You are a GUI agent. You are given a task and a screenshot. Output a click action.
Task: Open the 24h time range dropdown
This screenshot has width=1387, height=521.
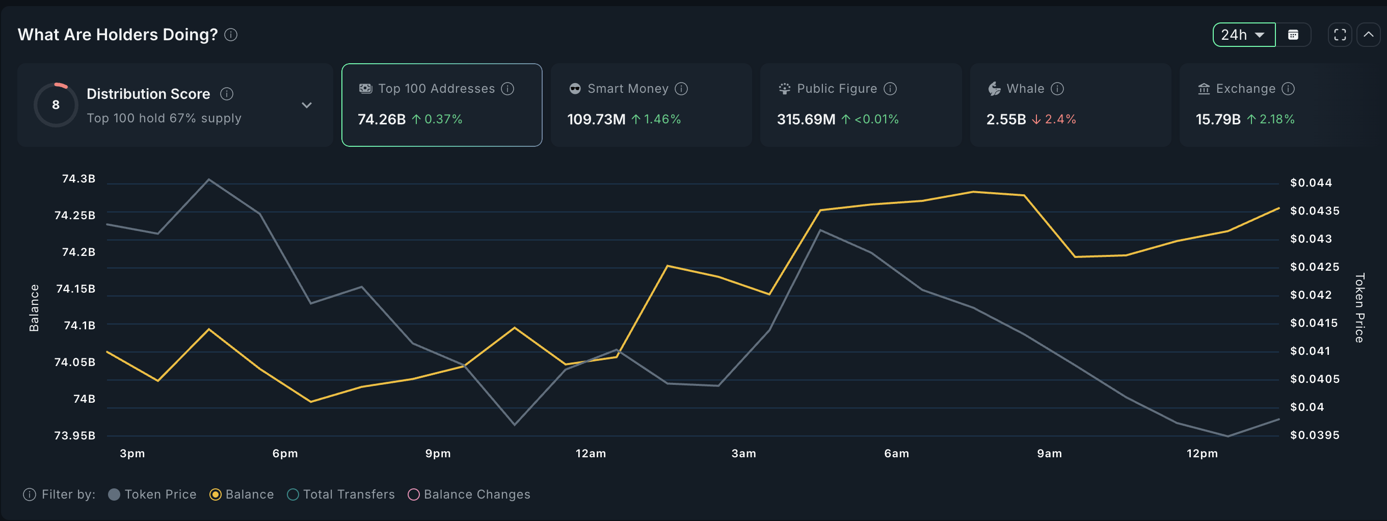click(1243, 35)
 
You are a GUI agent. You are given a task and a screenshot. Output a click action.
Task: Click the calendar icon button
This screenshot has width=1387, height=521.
click(1293, 35)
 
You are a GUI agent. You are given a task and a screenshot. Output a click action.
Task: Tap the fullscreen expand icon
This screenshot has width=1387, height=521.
click(1340, 35)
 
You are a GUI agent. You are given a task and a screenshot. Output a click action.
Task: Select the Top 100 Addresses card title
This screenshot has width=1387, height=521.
click(436, 88)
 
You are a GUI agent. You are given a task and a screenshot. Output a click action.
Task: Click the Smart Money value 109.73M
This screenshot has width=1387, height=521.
click(596, 119)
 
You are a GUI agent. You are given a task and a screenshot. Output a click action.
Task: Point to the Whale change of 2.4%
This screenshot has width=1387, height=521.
click(1060, 119)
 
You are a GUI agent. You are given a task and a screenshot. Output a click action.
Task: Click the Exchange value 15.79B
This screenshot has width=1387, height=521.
click(1218, 119)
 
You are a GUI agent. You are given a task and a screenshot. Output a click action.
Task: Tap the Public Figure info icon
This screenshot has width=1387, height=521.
click(891, 88)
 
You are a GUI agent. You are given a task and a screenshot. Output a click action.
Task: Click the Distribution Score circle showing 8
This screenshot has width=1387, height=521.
click(56, 105)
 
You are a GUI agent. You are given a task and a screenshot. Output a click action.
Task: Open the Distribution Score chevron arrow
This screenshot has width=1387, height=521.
click(306, 105)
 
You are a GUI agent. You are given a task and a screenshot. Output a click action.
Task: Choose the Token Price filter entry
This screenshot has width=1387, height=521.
click(152, 494)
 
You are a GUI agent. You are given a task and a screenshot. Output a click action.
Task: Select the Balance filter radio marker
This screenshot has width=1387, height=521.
click(216, 494)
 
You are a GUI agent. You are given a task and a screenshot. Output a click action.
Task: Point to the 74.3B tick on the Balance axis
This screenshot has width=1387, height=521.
click(78, 178)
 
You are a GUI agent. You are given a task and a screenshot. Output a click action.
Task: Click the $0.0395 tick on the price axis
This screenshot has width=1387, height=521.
click(1314, 435)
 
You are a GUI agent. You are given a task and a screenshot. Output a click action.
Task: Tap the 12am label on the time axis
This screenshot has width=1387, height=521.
click(591, 453)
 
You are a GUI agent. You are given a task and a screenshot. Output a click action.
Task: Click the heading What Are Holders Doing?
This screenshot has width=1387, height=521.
click(117, 35)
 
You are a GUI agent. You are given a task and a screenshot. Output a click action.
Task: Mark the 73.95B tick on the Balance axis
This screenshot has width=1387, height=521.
click(75, 435)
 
